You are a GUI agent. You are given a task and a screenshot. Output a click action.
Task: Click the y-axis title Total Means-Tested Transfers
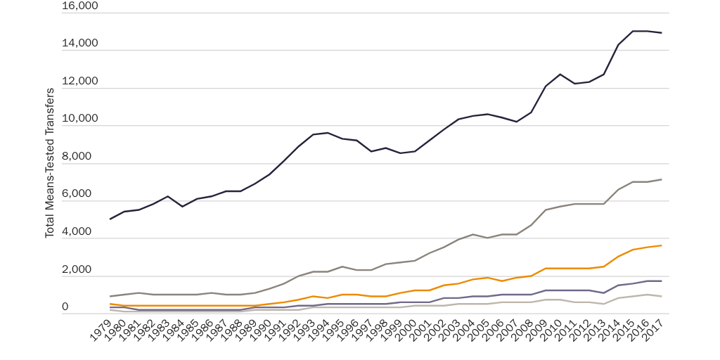[50, 163]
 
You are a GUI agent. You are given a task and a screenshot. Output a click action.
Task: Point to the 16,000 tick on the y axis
[79, 6]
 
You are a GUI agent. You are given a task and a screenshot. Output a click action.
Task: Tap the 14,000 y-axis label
[79, 44]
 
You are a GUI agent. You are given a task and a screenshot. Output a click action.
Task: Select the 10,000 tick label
[79, 119]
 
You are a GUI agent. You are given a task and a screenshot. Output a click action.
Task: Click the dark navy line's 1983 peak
[167, 196]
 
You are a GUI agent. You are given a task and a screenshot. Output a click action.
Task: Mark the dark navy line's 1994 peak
[327, 132]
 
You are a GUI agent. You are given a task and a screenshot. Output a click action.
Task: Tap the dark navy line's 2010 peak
[560, 74]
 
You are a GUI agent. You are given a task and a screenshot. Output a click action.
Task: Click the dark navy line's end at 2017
[662, 33]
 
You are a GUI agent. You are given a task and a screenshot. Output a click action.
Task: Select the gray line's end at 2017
[662, 179]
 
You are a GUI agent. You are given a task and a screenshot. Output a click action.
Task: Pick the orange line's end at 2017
[662, 245]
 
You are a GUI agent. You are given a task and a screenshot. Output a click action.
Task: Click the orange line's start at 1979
[110, 304]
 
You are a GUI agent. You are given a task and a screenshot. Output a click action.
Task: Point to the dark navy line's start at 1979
[110, 219]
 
